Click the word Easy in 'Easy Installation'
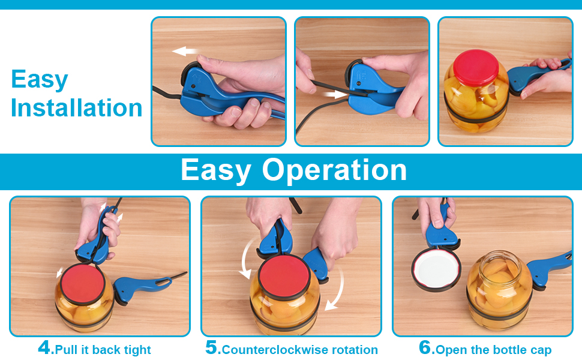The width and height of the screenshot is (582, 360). coord(40,79)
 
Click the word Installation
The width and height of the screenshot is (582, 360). coord(77,108)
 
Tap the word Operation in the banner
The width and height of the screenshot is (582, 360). coord(335,170)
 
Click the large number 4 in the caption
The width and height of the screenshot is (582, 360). coord(45,348)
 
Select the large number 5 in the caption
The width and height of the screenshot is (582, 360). coord(212,348)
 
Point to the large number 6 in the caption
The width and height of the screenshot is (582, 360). coord(425,348)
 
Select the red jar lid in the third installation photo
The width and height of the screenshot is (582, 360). coord(479,68)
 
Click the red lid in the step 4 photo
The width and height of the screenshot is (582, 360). coord(80,283)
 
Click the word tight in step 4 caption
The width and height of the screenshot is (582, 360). coord(136,350)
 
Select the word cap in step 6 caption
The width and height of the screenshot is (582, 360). coord(539,350)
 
